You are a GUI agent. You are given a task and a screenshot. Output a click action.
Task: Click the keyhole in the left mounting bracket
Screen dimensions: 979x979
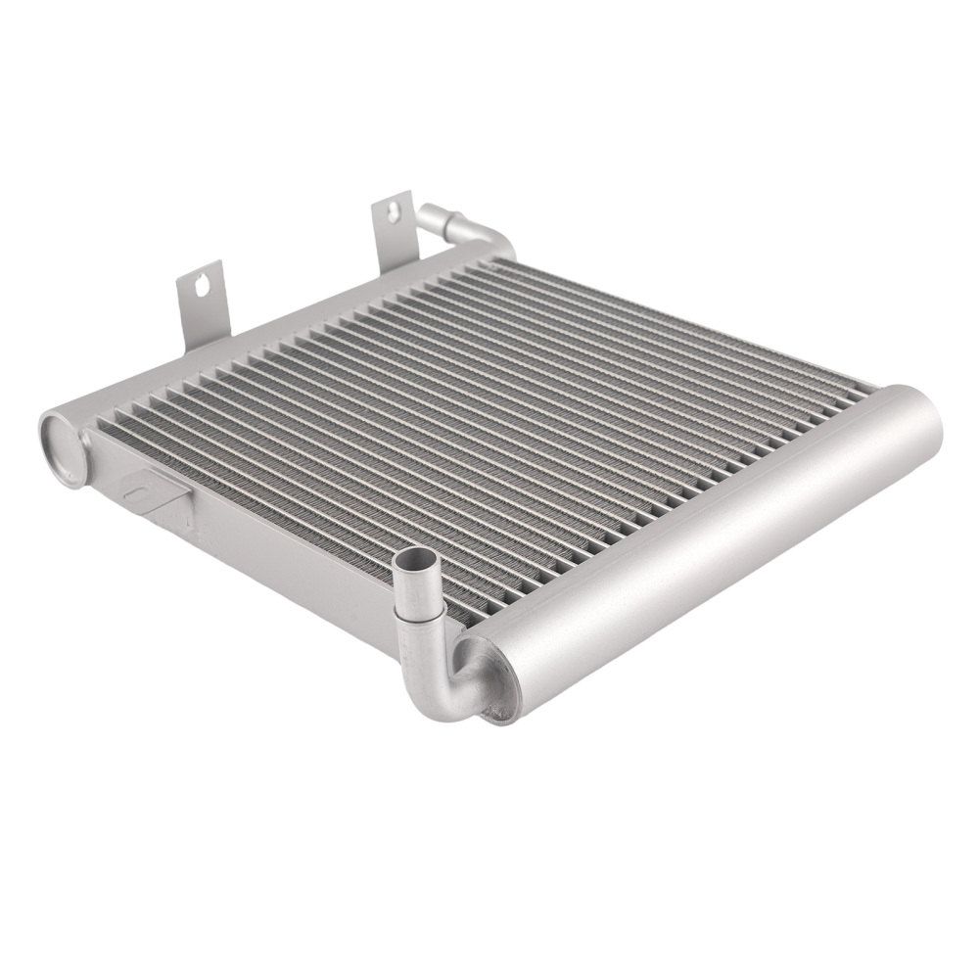[x=202, y=285]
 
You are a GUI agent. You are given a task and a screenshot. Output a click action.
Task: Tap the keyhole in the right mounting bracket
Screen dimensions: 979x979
[x=396, y=210]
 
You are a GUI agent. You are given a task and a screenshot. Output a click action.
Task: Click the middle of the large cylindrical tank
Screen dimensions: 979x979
[x=705, y=548]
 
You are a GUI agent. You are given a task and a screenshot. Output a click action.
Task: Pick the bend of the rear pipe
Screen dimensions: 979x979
[x=494, y=235]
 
